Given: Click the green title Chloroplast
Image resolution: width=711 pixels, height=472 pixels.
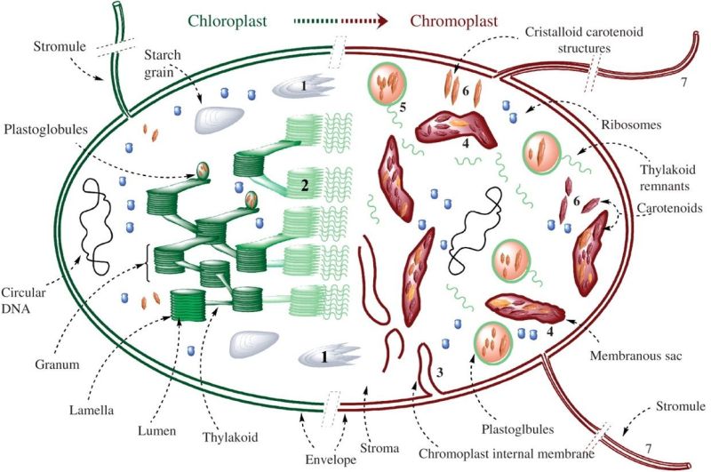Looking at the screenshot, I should coord(236,20).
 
